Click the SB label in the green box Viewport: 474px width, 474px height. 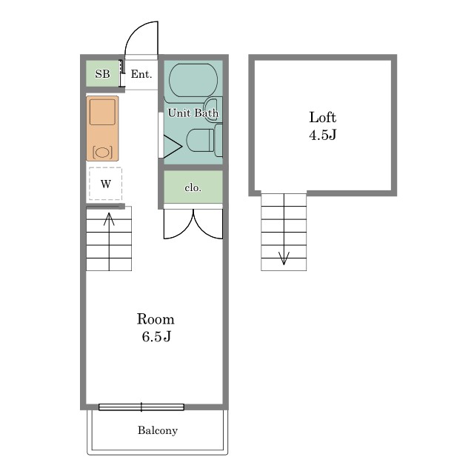(x=102, y=74)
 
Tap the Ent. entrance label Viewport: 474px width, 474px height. (x=141, y=74)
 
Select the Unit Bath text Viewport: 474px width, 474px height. (x=193, y=113)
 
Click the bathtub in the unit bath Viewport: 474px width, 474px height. (x=193, y=80)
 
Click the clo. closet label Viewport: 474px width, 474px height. (x=193, y=188)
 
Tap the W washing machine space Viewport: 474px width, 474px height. (x=105, y=184)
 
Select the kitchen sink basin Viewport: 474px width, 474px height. (x=102, y=112)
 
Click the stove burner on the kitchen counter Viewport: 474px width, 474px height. (x=102, y=152)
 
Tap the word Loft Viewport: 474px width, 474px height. (x=323, y=117)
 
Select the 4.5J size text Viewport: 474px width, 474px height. (x=323, y=135)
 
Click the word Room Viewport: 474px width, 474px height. (x=156, y=319)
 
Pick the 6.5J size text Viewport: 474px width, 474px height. (x=156, y=336)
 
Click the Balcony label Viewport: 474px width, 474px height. (x=158, y=430)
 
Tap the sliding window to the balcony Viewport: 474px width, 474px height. (x=141, y=407)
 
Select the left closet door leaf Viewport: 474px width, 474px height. (x=178, y=224)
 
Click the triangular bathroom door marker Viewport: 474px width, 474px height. (x=173, y=147)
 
